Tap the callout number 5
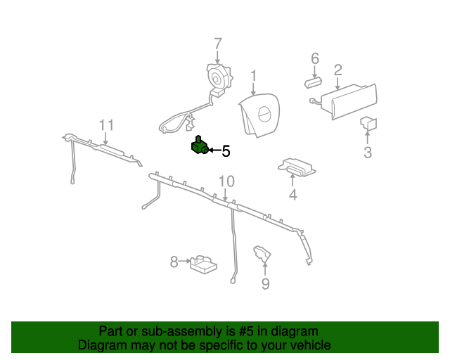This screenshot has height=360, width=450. (x=226, y=151)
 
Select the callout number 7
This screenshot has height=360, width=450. (x=218, y=44)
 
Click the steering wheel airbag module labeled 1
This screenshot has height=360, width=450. (x=259, y=115)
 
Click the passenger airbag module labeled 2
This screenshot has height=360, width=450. (x=349, y=101)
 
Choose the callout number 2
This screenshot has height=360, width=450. (x=338, y=70)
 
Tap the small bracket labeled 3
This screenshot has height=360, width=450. (x=368, y=124)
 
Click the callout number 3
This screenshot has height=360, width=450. (x=368, y=152)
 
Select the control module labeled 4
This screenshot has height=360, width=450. (x=297, y=167)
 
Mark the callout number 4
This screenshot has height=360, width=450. (x=292, y=195)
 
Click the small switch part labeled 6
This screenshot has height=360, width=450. (x=313, y=83)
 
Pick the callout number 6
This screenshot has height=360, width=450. (x=315, y=58)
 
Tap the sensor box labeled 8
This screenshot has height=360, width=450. (x=203, y=264)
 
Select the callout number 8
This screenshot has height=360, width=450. (x=174, y=262)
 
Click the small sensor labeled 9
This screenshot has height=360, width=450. (x=262, y=254)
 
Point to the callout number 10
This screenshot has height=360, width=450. (x=226, y=181)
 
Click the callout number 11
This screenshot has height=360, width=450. (x=106, y=125)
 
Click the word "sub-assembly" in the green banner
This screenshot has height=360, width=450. (x=181, y=332)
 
